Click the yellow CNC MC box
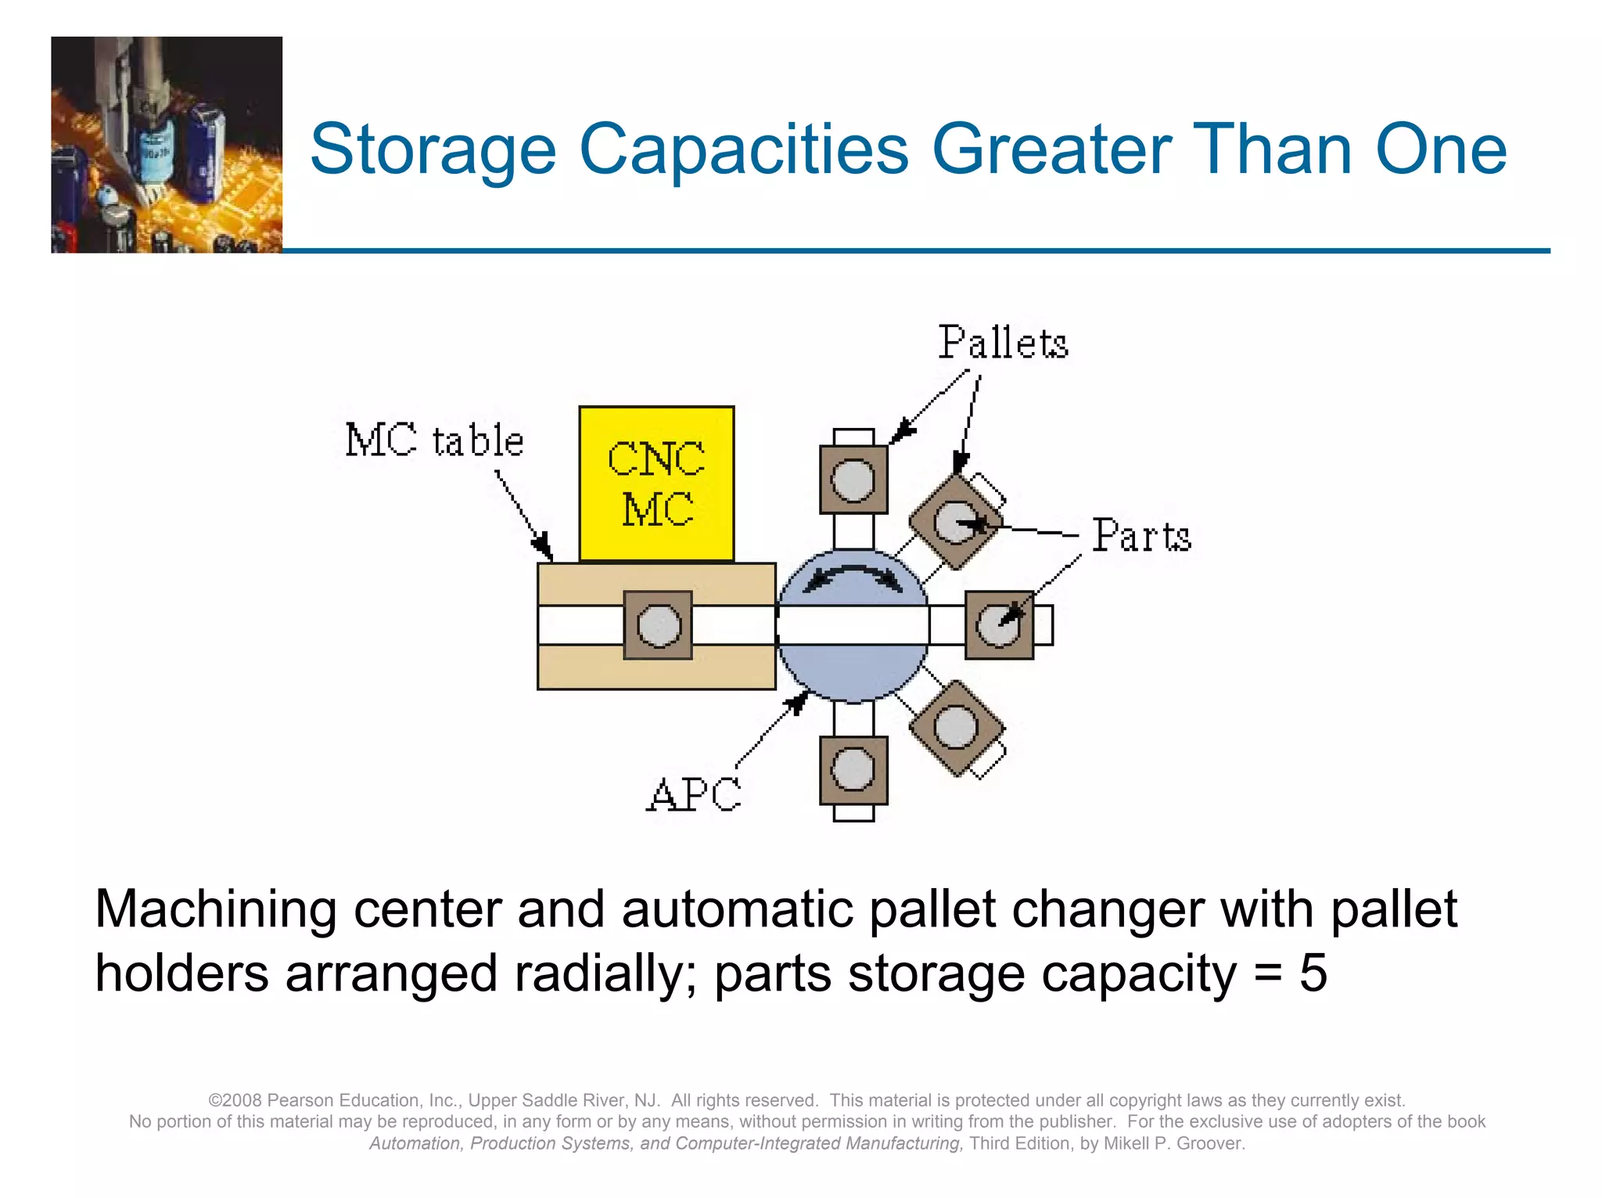click(x=656, y=484)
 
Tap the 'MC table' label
click(x=434, y=440)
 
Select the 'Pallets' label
click(x=1003, y=343)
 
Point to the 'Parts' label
click(x=1141, y=536)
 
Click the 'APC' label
click(x=693, y=795)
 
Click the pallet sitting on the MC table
click(x=658, y=625)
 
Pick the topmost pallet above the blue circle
click(x=853, y=480)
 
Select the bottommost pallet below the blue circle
click(x=853, y=770)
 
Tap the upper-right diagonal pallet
click(x=955, y=521)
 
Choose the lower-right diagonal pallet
click(x=956, y=727)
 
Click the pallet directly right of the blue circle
click(x=999, y=625)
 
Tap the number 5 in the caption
click(x=1313, y=973)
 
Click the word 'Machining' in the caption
click(x=215, y=909)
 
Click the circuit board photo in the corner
click(x=167, y=145)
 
